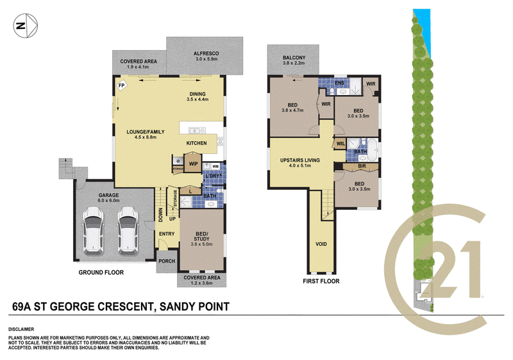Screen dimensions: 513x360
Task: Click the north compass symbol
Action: coord(26,26)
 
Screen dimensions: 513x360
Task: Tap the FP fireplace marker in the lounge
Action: coord(121,86)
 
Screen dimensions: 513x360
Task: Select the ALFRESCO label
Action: coord(206,53)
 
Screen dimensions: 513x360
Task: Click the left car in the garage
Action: coord(94,231)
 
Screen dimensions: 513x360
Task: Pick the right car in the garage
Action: coord(128,231)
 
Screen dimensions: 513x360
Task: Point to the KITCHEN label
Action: coord(196,143)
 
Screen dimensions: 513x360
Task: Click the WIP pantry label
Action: coord(194,164)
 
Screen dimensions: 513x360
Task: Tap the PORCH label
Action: coord(167,261)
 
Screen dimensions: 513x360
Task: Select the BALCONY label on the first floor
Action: coord(294,58)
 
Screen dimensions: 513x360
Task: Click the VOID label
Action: coord(321,244)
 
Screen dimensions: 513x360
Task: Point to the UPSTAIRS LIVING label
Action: coord(300,160)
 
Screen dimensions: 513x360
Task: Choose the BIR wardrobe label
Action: coord(362,166)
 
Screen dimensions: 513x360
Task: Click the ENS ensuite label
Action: coord(340,83)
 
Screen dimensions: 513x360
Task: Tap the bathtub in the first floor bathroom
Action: coord(373,150)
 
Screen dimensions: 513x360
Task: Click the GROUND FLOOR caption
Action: coord(101,272)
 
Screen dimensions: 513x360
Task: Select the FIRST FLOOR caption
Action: coord(321,281)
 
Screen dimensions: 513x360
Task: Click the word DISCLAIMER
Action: coord(21,329)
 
